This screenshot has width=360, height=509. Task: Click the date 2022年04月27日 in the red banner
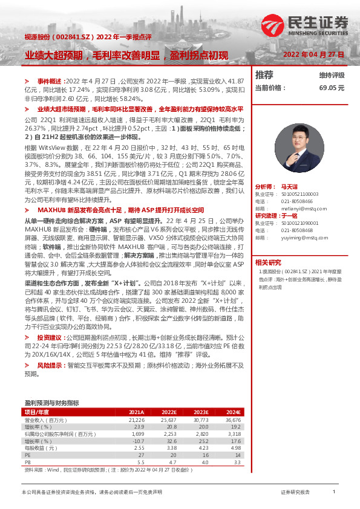(313, 55)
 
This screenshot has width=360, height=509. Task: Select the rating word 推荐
(264, 75)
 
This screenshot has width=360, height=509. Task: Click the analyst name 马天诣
(290, 171)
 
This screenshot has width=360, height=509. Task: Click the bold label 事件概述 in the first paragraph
(50, 80)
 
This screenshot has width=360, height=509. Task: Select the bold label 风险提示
(51, 366)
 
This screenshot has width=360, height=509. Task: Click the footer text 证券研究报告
(295, 493)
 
